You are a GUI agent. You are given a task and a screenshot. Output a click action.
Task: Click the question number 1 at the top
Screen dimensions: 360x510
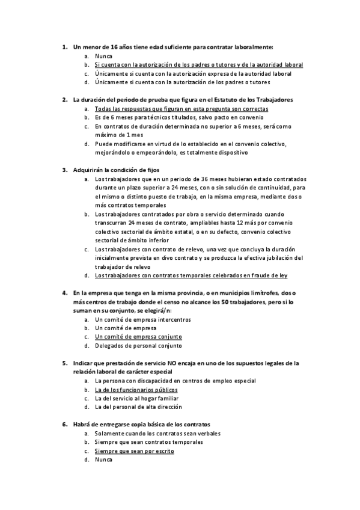[64, 46]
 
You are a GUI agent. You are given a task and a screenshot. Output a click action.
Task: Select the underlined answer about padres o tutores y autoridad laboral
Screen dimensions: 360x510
[198, 64]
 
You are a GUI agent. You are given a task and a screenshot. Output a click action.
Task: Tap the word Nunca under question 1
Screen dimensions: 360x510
[103, 55]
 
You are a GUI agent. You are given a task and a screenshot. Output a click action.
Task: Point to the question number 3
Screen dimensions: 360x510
[64, 170]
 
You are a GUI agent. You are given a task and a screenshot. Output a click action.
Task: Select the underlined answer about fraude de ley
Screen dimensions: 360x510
[191, 275]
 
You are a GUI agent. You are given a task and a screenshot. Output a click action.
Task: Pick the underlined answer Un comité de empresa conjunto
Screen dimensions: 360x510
[138, 337]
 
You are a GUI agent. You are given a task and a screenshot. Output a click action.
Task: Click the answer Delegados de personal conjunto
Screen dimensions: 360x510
[138, 346]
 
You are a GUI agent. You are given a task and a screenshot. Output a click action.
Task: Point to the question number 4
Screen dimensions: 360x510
[64, 293]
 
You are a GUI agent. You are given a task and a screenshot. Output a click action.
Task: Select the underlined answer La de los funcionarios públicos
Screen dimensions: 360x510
[136, 390]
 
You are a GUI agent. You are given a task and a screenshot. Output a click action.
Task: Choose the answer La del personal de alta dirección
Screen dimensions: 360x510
[138, 407]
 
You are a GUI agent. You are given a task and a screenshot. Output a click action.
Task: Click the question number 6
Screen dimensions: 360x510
[64, 425]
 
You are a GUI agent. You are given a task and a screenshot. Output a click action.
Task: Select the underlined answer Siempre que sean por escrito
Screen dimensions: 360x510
[135, 451]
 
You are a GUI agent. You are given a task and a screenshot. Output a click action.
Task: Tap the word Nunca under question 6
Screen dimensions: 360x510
[103, 459]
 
